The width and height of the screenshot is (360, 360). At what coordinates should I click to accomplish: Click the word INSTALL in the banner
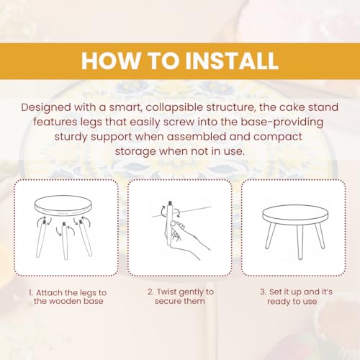coord(232,60)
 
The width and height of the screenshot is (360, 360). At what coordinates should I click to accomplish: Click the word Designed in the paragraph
coord(46,108)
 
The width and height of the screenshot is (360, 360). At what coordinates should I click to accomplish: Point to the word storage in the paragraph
coord(135,152)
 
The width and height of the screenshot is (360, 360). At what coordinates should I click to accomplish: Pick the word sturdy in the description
coord(71,137)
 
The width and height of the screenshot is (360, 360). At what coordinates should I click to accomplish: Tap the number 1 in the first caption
coord(30,293)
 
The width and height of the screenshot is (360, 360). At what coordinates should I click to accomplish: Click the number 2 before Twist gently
coord(150,292)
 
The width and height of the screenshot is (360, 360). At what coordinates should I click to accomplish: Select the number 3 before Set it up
coord(264,292)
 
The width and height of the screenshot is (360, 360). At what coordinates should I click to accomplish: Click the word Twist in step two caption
coord(166,292)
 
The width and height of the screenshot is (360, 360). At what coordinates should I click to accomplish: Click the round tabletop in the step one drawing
coord(63,206)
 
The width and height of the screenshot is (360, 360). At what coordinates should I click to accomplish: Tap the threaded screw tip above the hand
coord(170,204)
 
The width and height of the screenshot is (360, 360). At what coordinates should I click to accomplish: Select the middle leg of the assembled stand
coord(300,242)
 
